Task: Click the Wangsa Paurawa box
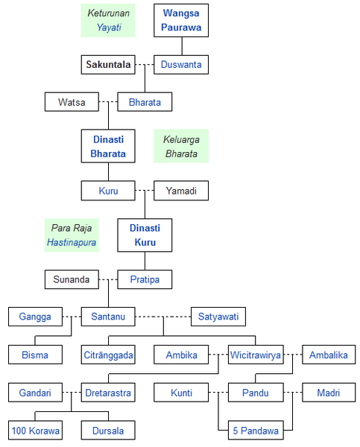tap(181, 20)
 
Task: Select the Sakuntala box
tap(108, 65)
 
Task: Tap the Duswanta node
tap(181, 65)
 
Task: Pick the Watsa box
tap(72, 102)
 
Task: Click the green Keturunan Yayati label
tap(108, 20)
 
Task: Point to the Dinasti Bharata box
tap(108, 146)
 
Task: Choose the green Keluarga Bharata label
tap(181, 146)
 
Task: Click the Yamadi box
tap(181, 191)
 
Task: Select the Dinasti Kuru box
tap(145, 235)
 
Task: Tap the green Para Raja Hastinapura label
tap(72, 235)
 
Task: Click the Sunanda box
tap(72, 279)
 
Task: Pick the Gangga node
tap(35, 317)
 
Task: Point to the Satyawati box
tap(218, 317)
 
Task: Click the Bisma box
tap(35, 355)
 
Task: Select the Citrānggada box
tap(108, 355)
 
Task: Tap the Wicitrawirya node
tap(256, 355)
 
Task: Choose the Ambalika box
tap(329, 355)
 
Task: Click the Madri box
tap(329, 393)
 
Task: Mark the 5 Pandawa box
tap(256, 430)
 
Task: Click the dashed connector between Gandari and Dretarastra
tap(72, 393)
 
